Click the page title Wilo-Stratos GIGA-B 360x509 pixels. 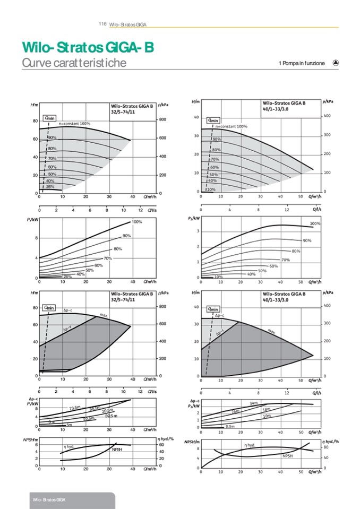(x=88, y=48)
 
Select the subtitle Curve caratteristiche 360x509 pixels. (x=74, y=63)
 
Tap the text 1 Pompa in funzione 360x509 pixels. (x=301, y=63)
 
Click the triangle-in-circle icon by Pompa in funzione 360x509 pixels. (x=336, y=63)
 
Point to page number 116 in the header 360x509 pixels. (x=103, y=24)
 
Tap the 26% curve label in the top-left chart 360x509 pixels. (x=50, y=186)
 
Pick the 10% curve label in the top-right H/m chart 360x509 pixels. (x=211, y=189)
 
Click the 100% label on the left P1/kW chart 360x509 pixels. (x=137, y=221)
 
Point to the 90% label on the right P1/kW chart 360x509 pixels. (x=306, y=240)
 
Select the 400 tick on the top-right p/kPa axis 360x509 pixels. (x=327, y=116)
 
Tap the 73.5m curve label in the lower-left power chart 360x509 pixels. (x=75, y=408)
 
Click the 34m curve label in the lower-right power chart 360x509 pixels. (x=253, y=403)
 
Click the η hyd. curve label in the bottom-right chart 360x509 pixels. (x=250, y=445)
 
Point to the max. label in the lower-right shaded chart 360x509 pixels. (x=271, y=331)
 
